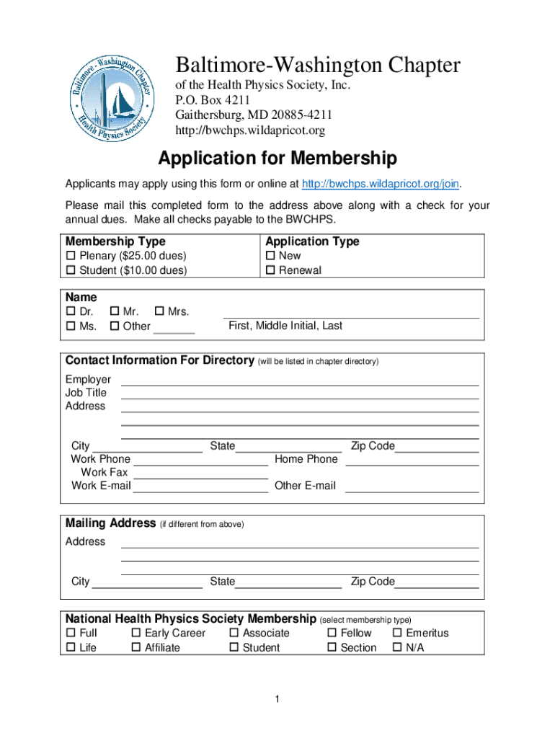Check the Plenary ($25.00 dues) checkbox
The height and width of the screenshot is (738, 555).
click(x=71, y=256)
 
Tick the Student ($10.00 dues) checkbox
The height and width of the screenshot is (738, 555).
click(x=71, y=271)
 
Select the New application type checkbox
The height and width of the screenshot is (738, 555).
click(x=270, y=256)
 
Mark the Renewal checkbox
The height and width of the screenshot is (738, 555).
click(x=270, y=271)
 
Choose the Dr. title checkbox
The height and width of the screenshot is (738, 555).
click(x=71, y=312)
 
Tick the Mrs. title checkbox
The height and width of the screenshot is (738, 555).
click(x=159, y=312)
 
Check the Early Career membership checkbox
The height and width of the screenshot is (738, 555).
click(x=136, y=633)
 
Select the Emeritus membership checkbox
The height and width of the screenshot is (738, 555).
click(x=397, y=633)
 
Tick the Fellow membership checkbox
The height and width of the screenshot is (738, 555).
click(x=332, y=633)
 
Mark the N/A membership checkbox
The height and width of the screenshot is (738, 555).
click(x=397, y=648)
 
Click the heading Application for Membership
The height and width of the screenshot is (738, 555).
click(x=277, y=158)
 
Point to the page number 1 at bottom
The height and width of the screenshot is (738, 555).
click(x=277, y=699)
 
